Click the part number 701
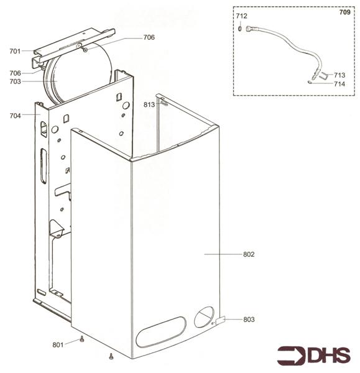pos(15,52)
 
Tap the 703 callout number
pos(15,81)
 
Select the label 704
pos(15,116)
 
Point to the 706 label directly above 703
pos(15,73)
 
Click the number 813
pos(149,104)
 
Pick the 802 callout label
pos(249,254)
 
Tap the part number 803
pos(249,320)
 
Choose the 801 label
pos(58,344)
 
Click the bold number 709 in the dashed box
pos(344,12)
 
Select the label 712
pos(241,15)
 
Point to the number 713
pos(339,75)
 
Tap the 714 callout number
pos(339,84)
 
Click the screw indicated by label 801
pos(82,339)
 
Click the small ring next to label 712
pos(239,27)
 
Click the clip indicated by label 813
pos(164,103)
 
